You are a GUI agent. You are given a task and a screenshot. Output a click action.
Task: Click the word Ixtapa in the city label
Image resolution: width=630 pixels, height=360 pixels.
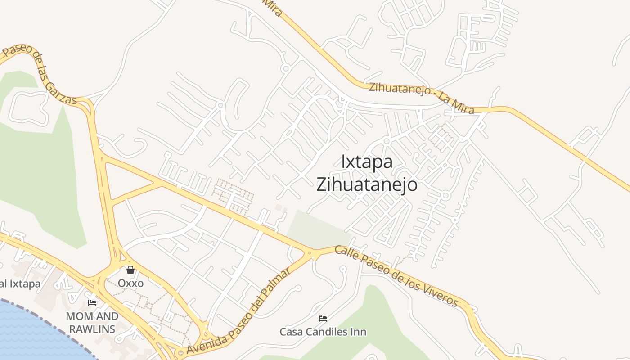pos(367,162)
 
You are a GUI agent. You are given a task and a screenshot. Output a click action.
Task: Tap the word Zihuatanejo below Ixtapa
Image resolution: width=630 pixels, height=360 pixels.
pos(367,184)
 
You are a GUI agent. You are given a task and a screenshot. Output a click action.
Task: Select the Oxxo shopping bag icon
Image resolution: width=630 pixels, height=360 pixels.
pos(130,270)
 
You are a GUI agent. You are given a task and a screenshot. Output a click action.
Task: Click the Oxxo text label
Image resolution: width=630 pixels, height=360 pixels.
pos(130,283)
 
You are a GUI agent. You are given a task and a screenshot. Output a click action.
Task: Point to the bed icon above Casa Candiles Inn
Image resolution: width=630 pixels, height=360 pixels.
pos(323,319)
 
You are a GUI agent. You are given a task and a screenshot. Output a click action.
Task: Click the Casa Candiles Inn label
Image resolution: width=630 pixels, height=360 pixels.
pos(323,332)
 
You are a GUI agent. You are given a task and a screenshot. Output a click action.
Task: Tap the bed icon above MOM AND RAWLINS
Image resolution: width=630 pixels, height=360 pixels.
pos(92,303)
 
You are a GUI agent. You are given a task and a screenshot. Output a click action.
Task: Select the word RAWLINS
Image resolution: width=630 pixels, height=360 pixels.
pos(92,329)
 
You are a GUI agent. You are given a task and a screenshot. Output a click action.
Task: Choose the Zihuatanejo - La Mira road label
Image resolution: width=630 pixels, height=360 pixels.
pos(421,98)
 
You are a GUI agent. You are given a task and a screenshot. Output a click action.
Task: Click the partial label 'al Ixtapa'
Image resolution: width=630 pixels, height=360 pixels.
pos(20,284)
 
